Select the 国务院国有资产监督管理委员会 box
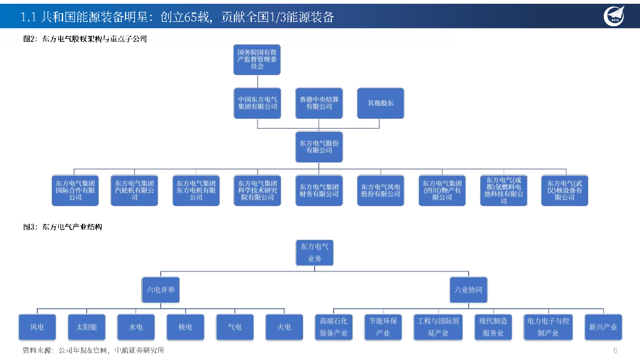(257, 59)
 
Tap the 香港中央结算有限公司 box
(319, 103)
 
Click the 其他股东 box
(380, 103)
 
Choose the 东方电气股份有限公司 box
(319, 147)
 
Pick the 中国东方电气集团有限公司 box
(257, 103)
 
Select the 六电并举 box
(161, 290)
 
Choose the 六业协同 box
(468, 290)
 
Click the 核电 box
(186, 327)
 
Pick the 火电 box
(284, 327)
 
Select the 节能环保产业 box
(383, 327)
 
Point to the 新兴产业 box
(602, 327)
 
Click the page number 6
(616, 350)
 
